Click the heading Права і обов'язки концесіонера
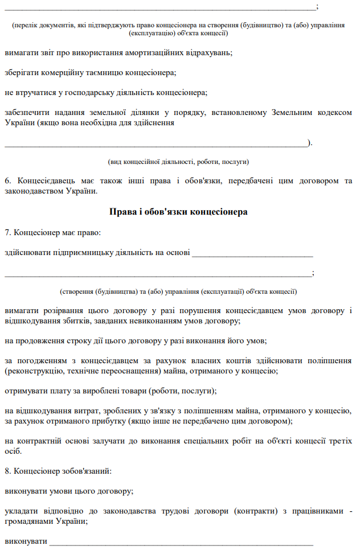178,212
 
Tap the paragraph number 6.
7,181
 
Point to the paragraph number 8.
7,471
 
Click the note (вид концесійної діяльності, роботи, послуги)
178,162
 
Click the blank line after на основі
253,253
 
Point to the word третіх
339,441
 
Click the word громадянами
27,520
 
